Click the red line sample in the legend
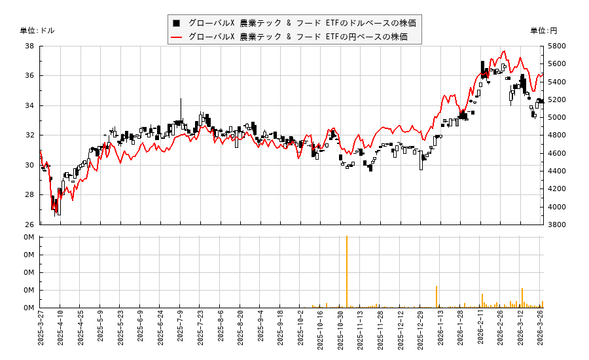pyautogui.click(x=177, y=37)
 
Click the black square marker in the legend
pyautogui.click(x=177, y=23)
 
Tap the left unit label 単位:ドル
pyautogui.click(x=37, y=31)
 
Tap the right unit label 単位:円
pyautogui.click(x=543, y=31)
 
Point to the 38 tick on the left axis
pyautogui.click(x=30, y=46)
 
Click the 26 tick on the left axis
pyautogui.click(x=30, y=225)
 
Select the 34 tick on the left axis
pyautogui.click(x=30, y=105)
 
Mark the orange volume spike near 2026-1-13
pyautogui.click(x=436, y=297)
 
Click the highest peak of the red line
pyautogui.click(x=504, y=51)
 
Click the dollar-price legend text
pyautogui.click(x=302, y=23)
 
